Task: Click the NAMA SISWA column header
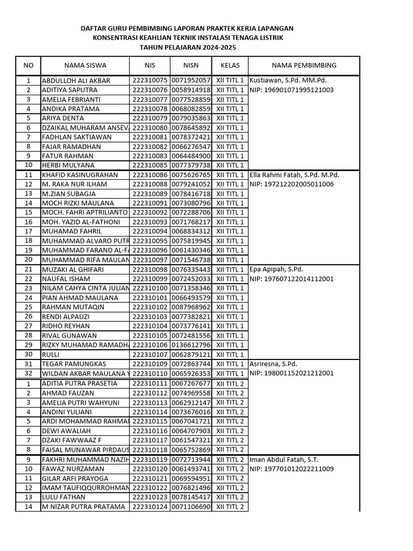click(x=85, y=65)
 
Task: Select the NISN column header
click(x=191, y=65)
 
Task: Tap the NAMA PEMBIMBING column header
click(x=304, y=65)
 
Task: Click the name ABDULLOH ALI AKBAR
click(x=76, y=81)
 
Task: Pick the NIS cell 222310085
click(x=149, y=165)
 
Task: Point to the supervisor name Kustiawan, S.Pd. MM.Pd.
click(x=288, y=81)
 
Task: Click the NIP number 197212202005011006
click(x=291, y=184)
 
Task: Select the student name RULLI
click(x=51, y=355)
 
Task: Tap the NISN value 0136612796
click(x=191, y=345)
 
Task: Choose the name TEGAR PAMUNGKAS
click(x=74, y=364)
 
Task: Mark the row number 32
click(x=29, y=373)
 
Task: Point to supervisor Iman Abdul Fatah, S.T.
click(x=284, y=460)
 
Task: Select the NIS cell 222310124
click(x=149, y=507)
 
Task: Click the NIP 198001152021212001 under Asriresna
click(x=291, y=373)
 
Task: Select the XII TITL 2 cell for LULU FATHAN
click(x=230, y=497)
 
